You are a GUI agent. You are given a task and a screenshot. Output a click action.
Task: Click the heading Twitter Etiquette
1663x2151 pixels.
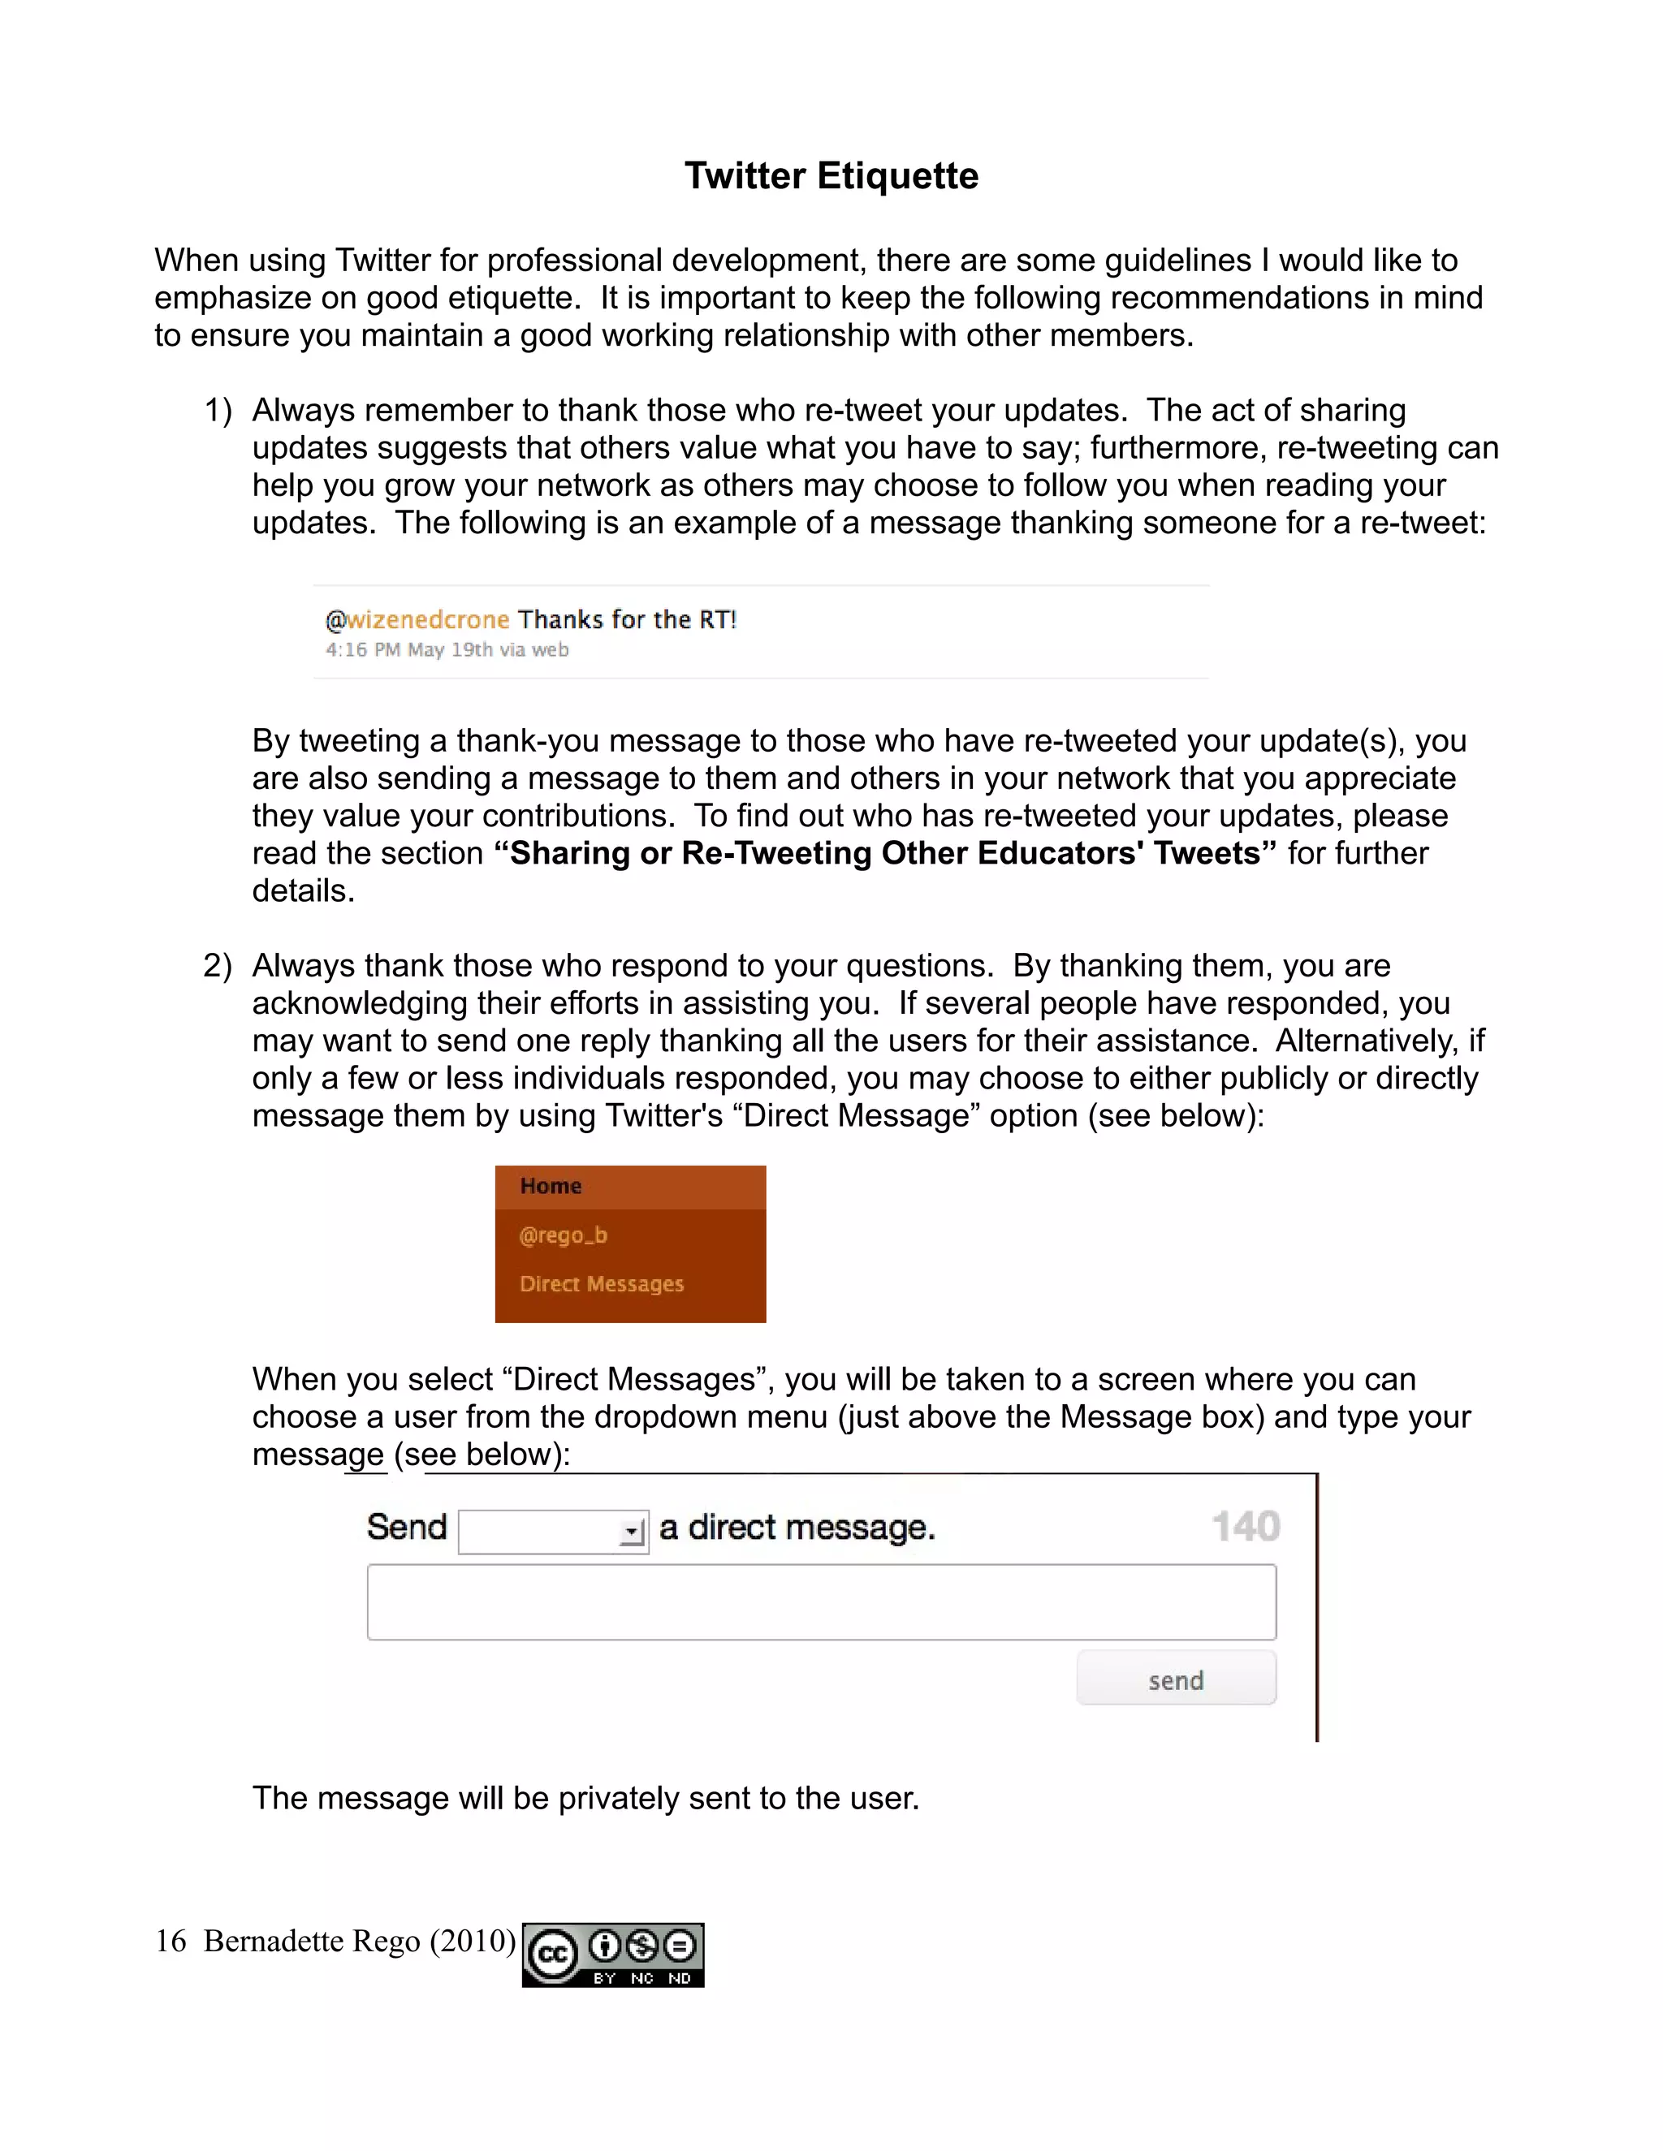click(x=831, y=175)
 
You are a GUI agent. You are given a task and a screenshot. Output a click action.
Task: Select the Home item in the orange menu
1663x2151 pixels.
click(x=551, y=1186)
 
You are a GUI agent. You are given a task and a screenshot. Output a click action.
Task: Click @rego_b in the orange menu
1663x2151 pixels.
click(x=564, y=1235)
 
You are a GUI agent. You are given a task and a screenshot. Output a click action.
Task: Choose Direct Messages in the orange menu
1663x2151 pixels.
click(x=601, y=1283)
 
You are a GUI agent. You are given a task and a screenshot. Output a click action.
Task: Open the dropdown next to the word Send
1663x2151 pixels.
click(x=553, y=1532)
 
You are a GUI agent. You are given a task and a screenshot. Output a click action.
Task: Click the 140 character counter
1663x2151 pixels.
click(x=1246, y=1527)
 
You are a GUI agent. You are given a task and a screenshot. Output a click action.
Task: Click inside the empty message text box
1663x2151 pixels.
click(x=821, y=1602)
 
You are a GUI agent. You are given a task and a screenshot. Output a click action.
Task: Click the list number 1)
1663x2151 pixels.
click(x=218, y=411)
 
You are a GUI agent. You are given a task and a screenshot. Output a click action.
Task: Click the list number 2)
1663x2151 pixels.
click(x=218, y=965)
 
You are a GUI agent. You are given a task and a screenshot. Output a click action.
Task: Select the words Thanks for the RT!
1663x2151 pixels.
click(x=628, y=619)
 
